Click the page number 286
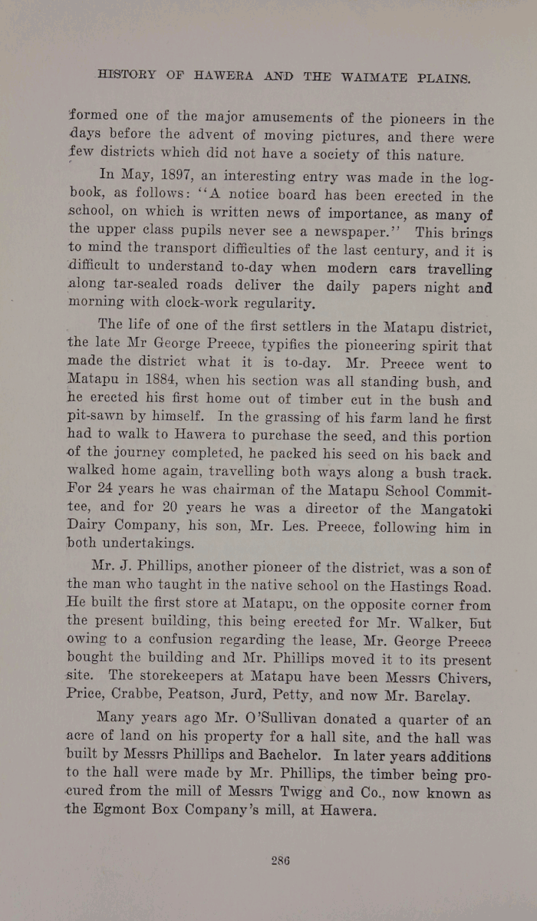tap(279, 860)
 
